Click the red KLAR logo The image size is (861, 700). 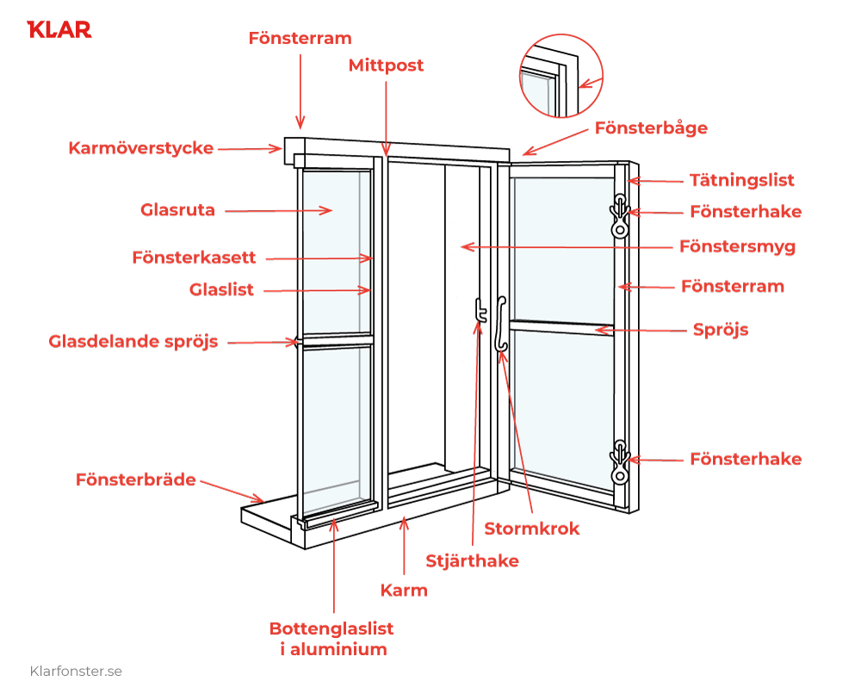coord(59,29)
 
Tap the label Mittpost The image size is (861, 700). coord(386,65)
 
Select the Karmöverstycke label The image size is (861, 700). coord(140,148)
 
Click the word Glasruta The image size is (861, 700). coord(177,210)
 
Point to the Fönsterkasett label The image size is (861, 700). coord(194,257)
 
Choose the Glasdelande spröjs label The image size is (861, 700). coord(133,342)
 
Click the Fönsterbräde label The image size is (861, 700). coord(135,479)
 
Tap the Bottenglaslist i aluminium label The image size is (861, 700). coord(331,639)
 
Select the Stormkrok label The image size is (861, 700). coord(531,529)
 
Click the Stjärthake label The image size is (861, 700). coord(472,561)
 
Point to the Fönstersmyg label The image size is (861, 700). coord(737,246)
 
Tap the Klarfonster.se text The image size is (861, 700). coord(76,671)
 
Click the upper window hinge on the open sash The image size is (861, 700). coord(619,215)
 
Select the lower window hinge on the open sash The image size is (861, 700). coord(619,462)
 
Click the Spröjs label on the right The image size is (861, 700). coord(721,330)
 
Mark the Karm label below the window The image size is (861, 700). coord(404,591)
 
